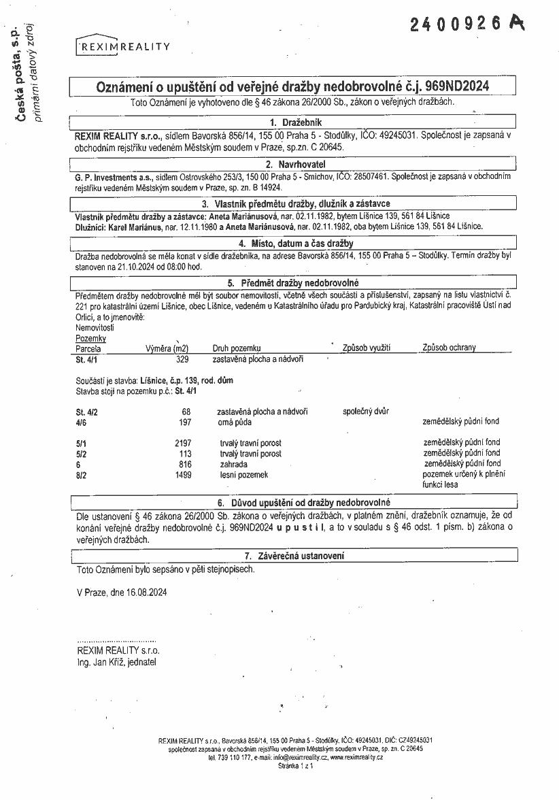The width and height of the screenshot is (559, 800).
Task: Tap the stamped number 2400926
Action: click(460, 24)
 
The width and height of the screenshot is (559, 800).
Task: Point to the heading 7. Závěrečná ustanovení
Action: click(294, 556)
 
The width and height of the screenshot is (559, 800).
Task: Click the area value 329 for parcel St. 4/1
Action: click(182, 359)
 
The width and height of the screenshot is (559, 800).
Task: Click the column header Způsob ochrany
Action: click(449, 348)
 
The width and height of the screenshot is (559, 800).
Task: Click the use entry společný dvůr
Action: click(366, 412)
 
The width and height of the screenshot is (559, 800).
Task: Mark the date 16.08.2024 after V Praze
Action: click(146, 593)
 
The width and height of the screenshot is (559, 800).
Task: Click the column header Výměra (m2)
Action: click(167, 348)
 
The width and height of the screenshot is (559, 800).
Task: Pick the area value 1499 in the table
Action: click(181, 474)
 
